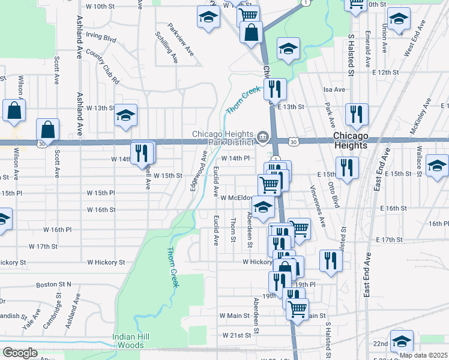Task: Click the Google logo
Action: coord(20,353)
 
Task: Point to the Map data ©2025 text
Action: coord(423,355)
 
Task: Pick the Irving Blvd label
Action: coord(101,37)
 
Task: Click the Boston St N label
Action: coord(53,284)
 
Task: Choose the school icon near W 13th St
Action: coord(126,116)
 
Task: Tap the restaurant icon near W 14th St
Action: coord(143,152)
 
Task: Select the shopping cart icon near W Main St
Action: coord(297,308)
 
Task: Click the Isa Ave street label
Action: coord(335,89)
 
